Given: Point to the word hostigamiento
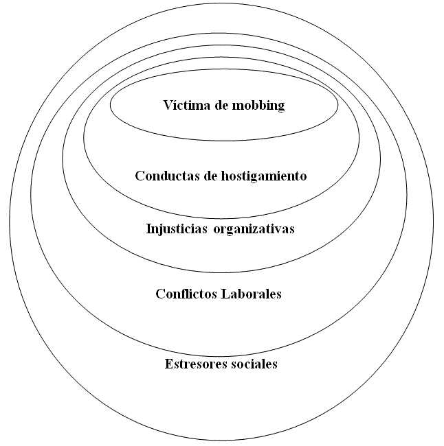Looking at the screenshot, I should (263, 176).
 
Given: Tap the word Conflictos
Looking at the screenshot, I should (186, 294).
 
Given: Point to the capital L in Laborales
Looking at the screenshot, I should (223, 294).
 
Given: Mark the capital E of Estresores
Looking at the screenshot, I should (169, 364).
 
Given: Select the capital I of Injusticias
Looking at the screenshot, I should (149, 228).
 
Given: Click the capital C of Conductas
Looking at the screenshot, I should (140, 176).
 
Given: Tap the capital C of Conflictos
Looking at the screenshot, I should (160, 294).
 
